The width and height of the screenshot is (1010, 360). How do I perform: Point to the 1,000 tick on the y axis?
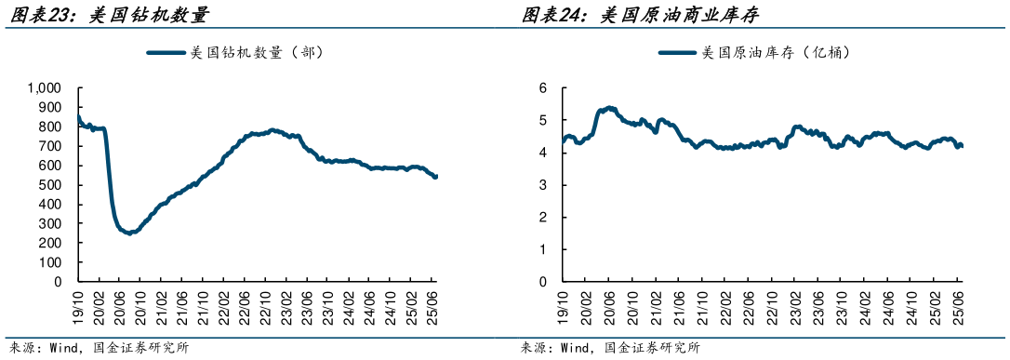coord(44,87)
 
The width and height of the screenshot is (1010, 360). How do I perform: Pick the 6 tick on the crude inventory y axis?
coord(543,87)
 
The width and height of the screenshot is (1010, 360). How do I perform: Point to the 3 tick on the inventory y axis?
coord(543,184)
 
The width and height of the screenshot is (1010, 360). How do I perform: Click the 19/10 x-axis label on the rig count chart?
coord(79,304)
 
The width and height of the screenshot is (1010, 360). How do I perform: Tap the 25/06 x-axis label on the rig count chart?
coord(433,304)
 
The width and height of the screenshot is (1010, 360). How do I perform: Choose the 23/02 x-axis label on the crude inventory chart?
coord(797,304)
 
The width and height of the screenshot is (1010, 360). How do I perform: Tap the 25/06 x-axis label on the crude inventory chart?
coord(960,304)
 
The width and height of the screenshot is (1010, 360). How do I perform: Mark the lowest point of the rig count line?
coord(130,233)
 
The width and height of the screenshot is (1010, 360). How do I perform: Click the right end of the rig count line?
coord(436,176)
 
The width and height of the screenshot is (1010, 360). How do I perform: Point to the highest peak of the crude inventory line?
coord(609,108)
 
